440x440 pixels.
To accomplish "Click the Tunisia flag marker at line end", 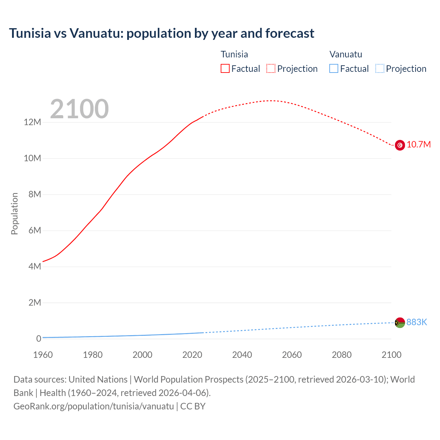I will click(x=400, y=145).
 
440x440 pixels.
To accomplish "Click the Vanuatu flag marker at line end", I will click(x=400, y=322).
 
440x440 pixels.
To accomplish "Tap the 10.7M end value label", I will click(x=418, y=145).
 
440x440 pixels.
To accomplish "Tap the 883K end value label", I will click(x=417, y=322).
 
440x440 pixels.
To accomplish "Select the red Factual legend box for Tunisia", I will click(x=225, y=69).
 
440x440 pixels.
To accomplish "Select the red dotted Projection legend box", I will click(x=271, y=69).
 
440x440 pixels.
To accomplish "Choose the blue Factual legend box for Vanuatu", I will click(x=334, y=69).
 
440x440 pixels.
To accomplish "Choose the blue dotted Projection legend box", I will click(x=380, y=69).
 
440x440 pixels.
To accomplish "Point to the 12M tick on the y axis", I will click(x=32, y=122).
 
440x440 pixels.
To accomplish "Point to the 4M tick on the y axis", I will click(x=34, y=267).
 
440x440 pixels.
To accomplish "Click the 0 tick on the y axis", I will click(x=38, y=339).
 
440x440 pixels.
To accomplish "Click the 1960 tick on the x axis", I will click(x=43, y=355).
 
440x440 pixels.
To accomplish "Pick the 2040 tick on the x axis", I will click(x=242, y=355).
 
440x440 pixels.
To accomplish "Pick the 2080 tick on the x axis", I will click(x=342, y=355).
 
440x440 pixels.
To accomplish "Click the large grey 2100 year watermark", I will click(x=79, y=109).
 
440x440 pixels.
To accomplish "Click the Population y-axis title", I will click(x=14, y=213).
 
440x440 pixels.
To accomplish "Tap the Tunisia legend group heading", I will click(x=234, y=54).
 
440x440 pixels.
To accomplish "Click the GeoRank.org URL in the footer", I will click(x=93, y=406).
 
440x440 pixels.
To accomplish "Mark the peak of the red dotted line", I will click(x=272, y=101).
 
